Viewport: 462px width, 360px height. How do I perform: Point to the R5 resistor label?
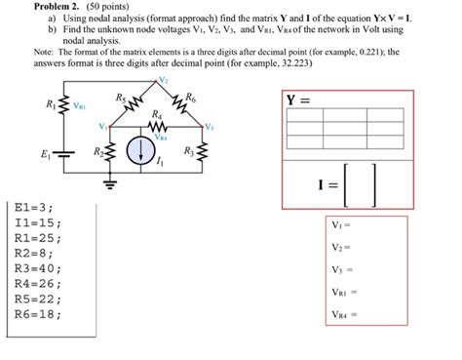pos(120,97)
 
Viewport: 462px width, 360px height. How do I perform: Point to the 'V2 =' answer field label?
pos(340,247)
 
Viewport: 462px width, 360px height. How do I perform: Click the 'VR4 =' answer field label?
pos(344,314)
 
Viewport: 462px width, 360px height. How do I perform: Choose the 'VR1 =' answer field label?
pos(344,292)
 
